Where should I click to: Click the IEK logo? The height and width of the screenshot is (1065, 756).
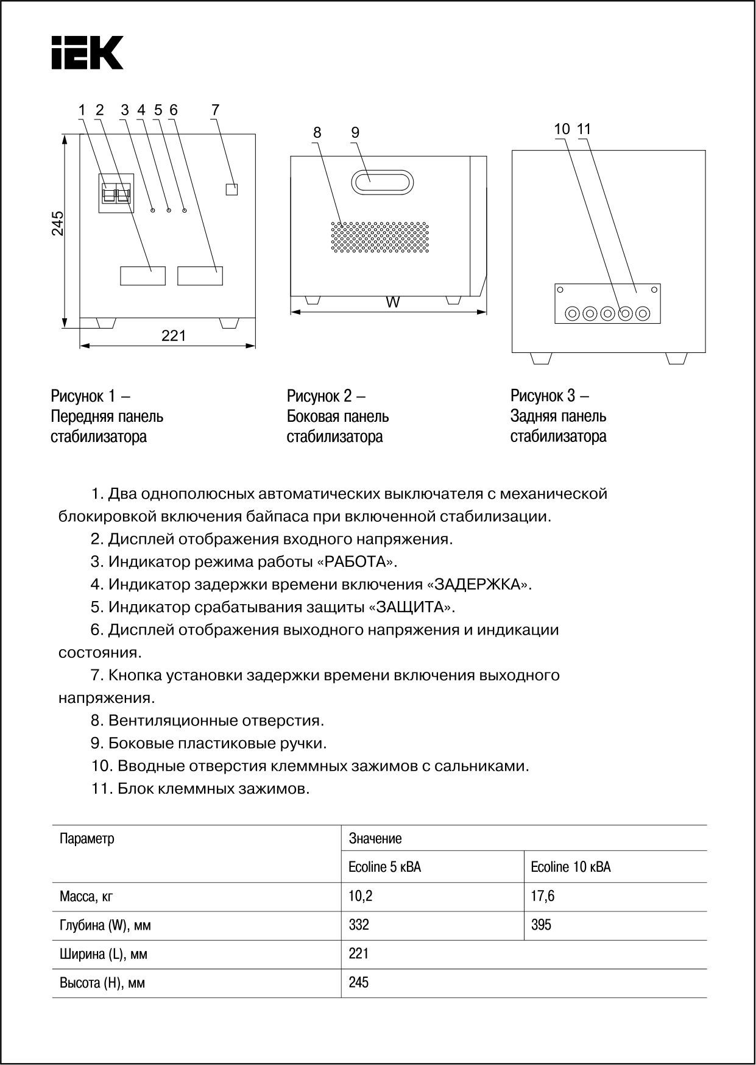[x=87, y=52]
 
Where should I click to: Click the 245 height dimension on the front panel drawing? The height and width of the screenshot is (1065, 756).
[x=58, y=223]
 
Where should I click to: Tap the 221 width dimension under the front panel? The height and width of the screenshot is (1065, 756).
[x=174, y=336]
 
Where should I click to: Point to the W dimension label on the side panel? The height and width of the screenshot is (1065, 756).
[x=394, y=302]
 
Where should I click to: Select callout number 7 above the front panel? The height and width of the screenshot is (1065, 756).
[x=215, y=110]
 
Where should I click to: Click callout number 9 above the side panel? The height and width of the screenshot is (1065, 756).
[x=355, y=132]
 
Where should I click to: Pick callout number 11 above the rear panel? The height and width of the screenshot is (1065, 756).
[x=584, y=129]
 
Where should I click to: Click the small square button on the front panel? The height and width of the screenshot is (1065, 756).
[x=231, y=189]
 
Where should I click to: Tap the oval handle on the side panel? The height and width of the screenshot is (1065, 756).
[x=382, y=182]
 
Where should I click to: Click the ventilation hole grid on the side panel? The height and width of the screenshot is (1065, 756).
[x=380, y=237]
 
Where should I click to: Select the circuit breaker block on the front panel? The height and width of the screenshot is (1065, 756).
[x=116, y=193]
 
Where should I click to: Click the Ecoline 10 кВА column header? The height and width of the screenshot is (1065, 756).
[x=571, y=867]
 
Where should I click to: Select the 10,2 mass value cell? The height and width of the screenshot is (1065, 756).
[x=359, y=896]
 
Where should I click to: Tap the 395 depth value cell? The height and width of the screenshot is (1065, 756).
[x=541, y=925]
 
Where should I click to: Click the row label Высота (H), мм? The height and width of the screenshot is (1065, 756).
[x=102, y=983]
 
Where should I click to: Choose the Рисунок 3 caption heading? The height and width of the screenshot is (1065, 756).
[x=549, y=396]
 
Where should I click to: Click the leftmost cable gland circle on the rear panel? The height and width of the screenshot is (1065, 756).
[x=572, y=314]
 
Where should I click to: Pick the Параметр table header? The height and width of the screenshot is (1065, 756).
[x=87, y=839]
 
